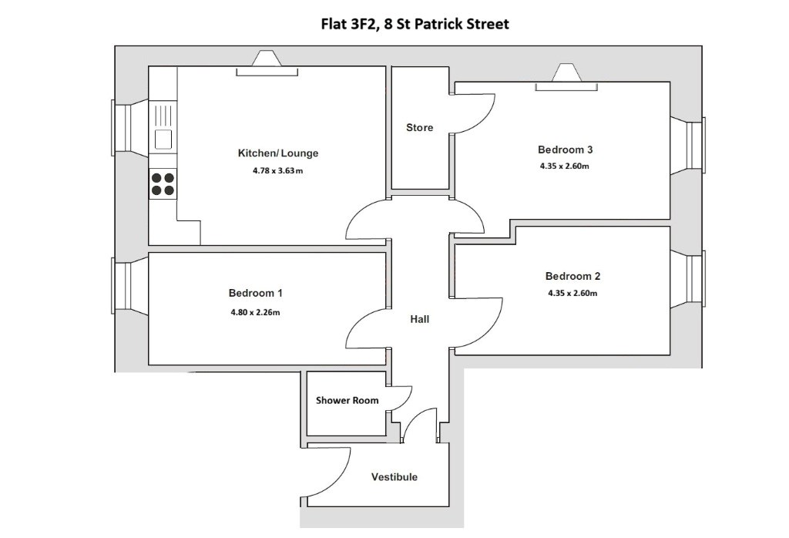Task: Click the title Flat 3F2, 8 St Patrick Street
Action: pyautogui.click(x=415, y=24)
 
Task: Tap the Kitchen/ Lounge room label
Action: pyautogui.click(x=277, y=153)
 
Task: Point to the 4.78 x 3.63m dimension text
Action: pyautogui.click(x=277, y=170)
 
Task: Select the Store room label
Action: pyautogui.click(x=420, y=127)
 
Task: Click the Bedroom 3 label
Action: pyautogui.click(x=565, y=150)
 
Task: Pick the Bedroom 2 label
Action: pyautogui.click(x=572, y=276)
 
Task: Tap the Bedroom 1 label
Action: pyautogui.click(x=255, y=293)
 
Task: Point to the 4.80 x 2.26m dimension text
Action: pyautogui.click(x=255, y=312)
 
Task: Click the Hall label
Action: pyautogui.click(x=420, y=319)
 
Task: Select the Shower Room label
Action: pyautogui.click(x=347, y=401)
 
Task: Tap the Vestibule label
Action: pyautogui.click(x=394, y=477)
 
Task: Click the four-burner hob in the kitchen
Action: pyautogui.click(x=163, y=183)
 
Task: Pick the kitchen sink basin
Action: pyautogui.click(x=163, y=139)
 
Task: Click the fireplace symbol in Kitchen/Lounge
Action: pyautogui.click(x=267, y=64)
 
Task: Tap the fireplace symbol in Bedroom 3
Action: pyautogui.click(x=566, y=78)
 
